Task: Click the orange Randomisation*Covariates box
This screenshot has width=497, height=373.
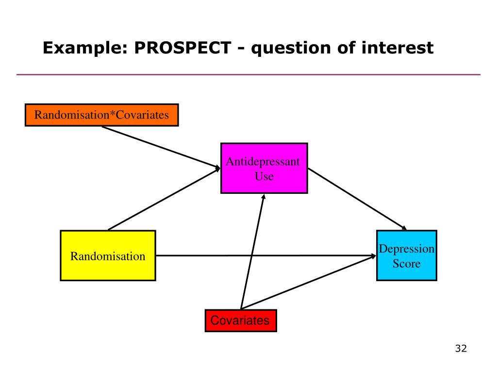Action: pos(101,115)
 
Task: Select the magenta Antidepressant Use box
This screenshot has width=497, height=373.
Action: pos(264,168)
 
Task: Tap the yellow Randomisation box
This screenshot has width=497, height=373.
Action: pos(108,255)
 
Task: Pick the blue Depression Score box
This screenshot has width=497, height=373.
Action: pos(406,255)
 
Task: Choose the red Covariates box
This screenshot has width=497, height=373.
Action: pos(241,321)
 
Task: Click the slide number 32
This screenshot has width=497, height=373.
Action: pos(461,349)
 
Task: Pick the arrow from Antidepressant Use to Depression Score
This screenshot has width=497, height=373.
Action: pos(357,199)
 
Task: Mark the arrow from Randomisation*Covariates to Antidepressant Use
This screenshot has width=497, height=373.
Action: pos(160,147)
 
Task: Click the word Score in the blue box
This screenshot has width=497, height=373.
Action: pos(406,264)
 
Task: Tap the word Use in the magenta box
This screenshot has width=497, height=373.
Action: pos(264,176)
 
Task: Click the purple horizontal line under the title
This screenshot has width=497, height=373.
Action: pos(248,75)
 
